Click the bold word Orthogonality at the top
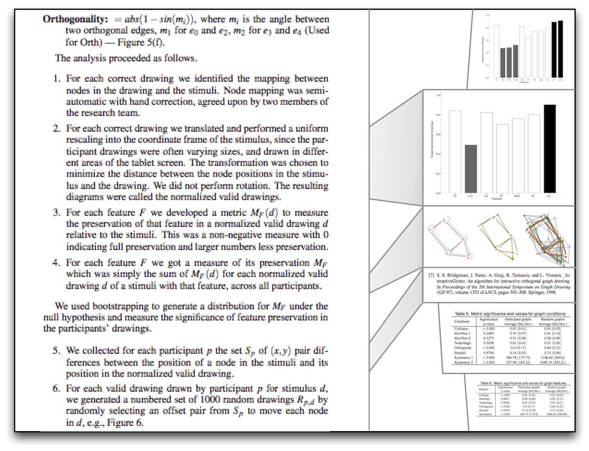[x=76, y=19]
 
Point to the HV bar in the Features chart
[x=503, y=159]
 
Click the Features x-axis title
[x=496, y=199]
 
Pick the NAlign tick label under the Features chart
[x=518, y=196]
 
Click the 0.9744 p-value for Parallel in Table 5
[x=488, y=352]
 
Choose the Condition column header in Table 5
[x=462, y=321]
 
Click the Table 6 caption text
[x=523, y=383]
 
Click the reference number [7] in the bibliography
[x=431, y=275]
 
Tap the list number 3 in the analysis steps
[x=57, y=213]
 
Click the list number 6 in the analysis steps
[x=57, y=389]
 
